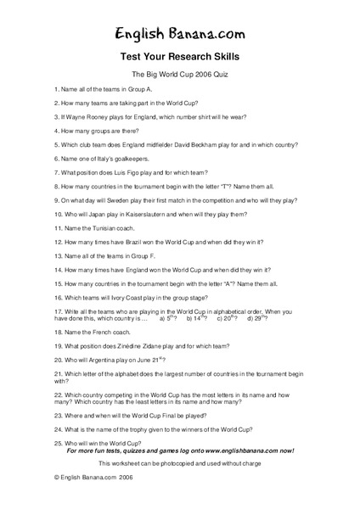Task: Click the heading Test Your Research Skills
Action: pyautogui.click(x=179, y=58)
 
